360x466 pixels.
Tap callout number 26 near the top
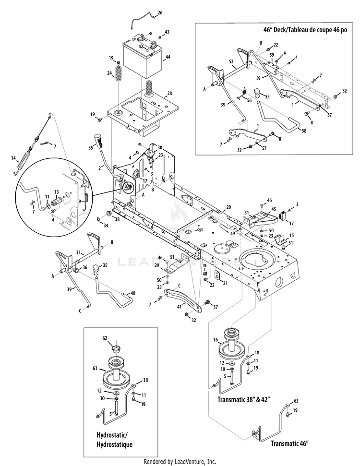click(160, 13)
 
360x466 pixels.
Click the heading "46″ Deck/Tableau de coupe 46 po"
click(305, 30)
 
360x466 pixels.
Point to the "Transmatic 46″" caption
click(290, 444)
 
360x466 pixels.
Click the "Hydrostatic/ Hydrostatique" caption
click(114, 440)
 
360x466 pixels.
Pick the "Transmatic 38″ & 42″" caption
click(243, 399)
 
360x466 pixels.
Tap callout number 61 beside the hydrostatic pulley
click(95, 369)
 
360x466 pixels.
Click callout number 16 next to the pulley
click(216, 340)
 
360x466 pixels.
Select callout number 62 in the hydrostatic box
click(105, 338)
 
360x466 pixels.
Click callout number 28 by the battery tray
click(169, 93)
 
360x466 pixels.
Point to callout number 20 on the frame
click(228, 207)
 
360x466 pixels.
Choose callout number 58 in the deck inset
click(303, 131)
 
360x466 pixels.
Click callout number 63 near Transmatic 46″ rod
click(296, 401)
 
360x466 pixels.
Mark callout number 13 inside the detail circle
click(57, 192)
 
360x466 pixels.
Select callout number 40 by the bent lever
click(133, 293)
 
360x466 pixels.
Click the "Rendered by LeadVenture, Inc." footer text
click(180, 462)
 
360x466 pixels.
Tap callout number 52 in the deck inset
click(231, 61)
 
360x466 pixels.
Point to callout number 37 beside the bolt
click(216, 307)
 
